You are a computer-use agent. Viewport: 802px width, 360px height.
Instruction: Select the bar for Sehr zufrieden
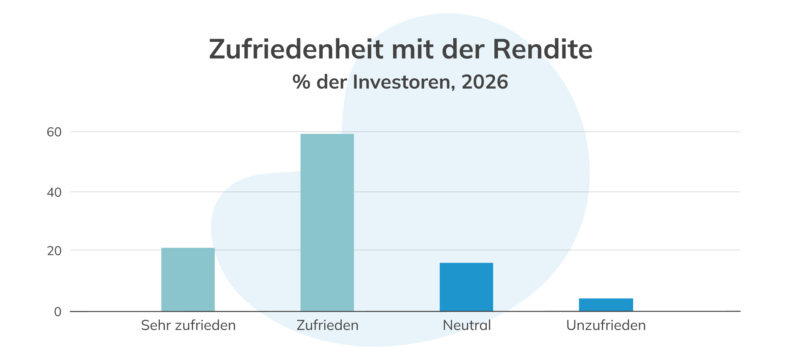[188, 279]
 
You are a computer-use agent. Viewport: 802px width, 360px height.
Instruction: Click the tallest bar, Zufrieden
[327, 222]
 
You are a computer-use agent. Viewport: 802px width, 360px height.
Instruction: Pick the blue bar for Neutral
[466, 287]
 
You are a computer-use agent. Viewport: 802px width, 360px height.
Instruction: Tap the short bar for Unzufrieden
[606, 305]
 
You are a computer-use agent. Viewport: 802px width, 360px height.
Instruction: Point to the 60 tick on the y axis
[54, 132]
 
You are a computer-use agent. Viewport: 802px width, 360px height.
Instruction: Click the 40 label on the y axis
[54, 193]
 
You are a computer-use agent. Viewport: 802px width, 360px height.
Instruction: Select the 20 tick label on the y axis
[54, 251]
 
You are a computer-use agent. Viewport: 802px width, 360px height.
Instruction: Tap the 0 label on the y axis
[58, 312]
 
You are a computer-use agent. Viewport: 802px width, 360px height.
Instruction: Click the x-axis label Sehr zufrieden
[188, 326]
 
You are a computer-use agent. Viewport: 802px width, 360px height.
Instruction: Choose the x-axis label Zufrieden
[327, 326]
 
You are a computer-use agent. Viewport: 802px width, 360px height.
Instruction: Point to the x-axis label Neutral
[467, 326]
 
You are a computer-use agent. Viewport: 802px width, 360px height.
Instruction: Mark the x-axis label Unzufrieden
[606, 326]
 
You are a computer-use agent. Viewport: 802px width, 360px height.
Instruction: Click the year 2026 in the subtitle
[484, 82]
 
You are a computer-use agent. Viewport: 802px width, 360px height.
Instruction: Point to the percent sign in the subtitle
[301, 82]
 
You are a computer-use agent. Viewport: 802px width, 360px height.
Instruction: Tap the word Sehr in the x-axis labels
[156, 326]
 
